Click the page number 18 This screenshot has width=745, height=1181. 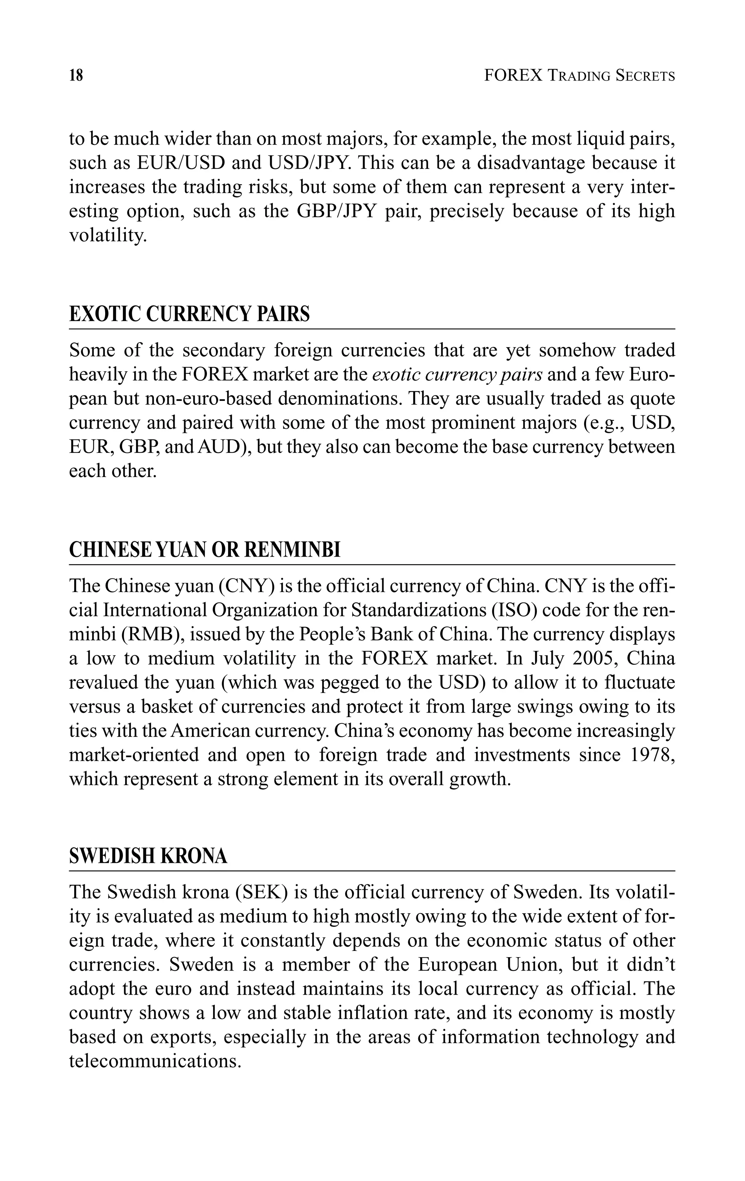tap(76, 75)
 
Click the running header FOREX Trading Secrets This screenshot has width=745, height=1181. tap(579, 75)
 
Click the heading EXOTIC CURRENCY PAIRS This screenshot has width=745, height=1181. tap(189, 314)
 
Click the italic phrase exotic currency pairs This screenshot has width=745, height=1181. tap(457, 375)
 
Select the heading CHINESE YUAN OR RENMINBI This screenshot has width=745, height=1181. tap(204, 550)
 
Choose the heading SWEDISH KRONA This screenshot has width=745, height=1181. tap(148, 856)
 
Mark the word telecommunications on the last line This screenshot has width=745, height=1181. tap(155, 1061)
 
